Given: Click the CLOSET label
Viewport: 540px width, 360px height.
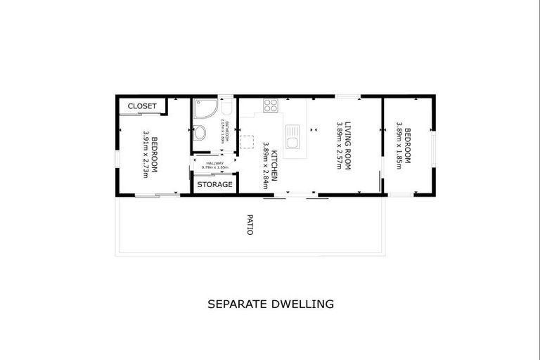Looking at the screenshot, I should (142, 106).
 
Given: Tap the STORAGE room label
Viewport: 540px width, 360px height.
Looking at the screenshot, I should (214, 184).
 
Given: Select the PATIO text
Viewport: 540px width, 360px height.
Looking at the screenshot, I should (250, 224).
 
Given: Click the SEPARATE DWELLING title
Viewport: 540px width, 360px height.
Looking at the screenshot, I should (270, 304).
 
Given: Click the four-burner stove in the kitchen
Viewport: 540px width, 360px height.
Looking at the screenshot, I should (271, 106).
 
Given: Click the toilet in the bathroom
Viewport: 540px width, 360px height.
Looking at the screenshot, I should (226, 108).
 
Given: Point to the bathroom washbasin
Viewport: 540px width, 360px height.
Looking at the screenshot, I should (200, 132).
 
